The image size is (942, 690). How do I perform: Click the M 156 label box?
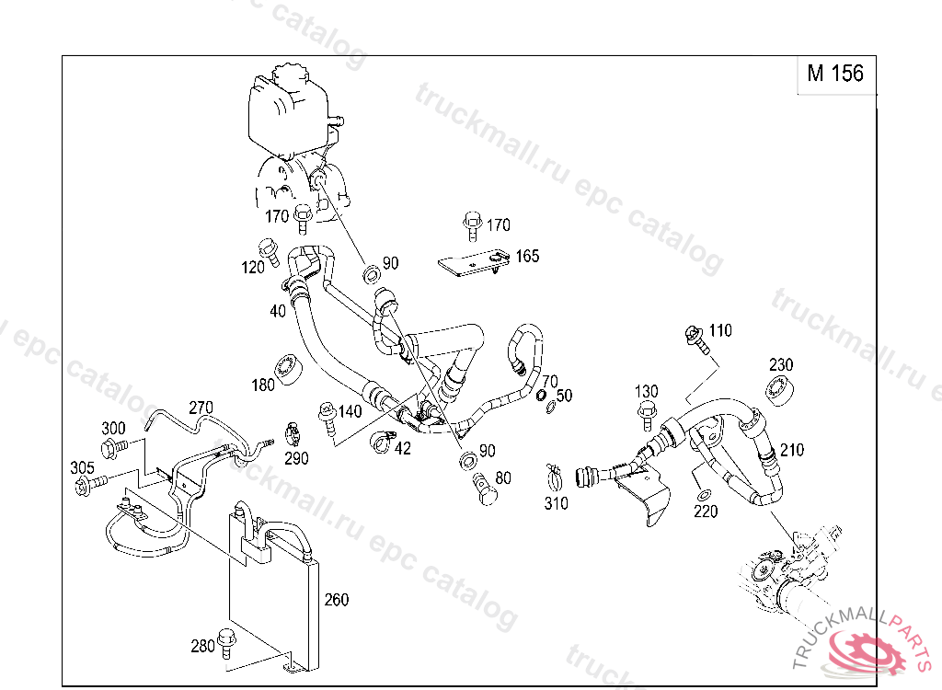coord(835,74)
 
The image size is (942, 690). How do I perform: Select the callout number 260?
coord(337,600)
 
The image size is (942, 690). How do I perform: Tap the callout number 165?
coord(527,256)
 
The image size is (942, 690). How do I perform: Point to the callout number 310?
coord(556,503)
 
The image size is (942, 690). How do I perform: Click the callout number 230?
coord(781,365)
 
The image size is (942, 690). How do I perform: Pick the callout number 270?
coord(201,407)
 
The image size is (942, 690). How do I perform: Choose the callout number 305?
coord(82,467)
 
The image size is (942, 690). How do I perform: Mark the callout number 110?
coord(720,330)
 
